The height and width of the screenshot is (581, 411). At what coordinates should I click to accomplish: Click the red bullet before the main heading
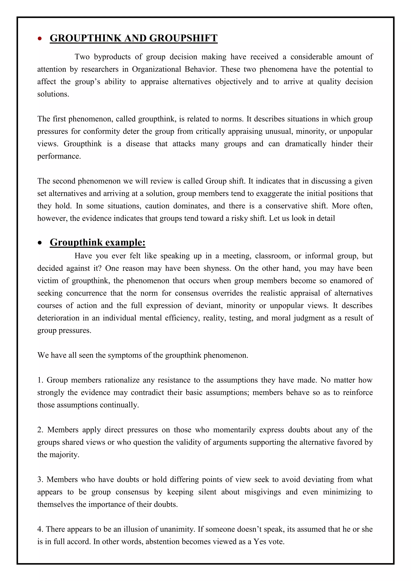pyautogui.click(x=40, y=39)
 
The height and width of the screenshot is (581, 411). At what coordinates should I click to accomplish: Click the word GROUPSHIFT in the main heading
pyautogui.click(x=183, y=38)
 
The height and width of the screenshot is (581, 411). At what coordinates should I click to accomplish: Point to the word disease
pyautogui.click(x=138, y=144)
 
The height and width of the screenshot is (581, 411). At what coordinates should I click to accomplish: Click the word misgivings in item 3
pyautogui.click(x=262, y=492)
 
